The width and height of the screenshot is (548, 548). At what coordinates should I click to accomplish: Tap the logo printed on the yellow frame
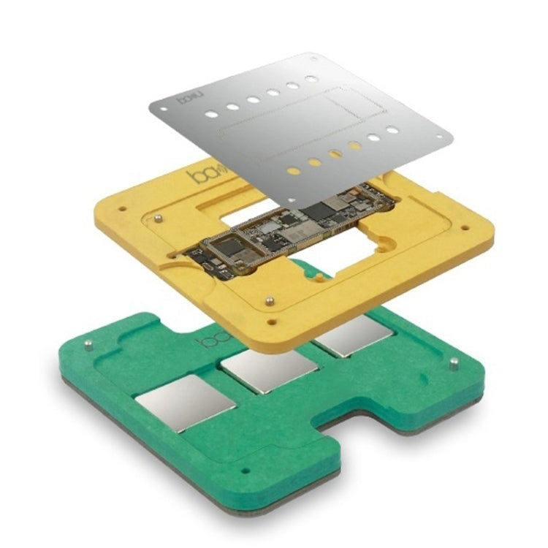pos(199,176)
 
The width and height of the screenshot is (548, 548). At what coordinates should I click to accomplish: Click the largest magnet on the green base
pos(186,403)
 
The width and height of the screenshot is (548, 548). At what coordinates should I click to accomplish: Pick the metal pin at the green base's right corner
pos(453,363)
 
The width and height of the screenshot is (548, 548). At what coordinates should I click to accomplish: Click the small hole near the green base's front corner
pos(245,471)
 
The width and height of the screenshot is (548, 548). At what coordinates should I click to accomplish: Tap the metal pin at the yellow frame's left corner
pos(158,217)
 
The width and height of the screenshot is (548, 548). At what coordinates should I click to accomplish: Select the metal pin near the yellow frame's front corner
pos(269,300)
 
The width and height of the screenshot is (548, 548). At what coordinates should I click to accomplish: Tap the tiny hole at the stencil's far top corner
pos(313,57)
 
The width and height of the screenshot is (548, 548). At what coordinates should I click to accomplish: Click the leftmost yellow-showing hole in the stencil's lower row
pos(293,171)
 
